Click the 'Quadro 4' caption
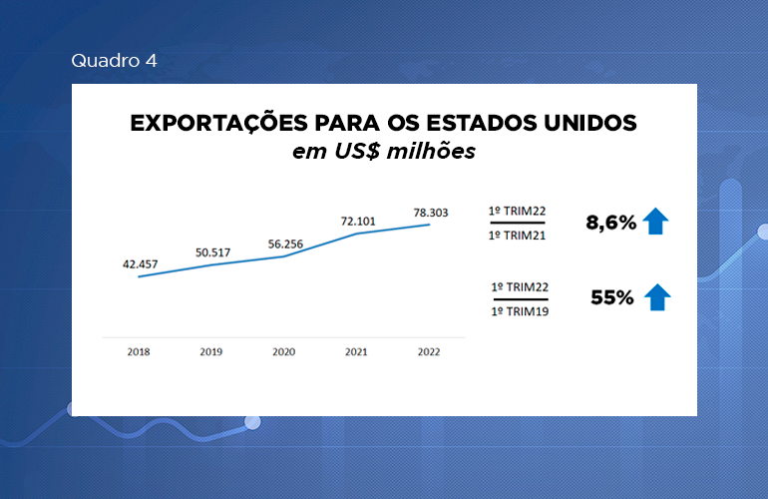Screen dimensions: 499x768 tap(114, 61)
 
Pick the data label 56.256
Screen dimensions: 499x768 tap(283, 243)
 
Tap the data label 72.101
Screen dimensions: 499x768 tap(357, 219)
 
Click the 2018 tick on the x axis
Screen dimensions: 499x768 tap(139, 352)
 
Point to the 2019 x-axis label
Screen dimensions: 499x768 tap(210, 352)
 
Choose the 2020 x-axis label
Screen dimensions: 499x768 tap(283, 352)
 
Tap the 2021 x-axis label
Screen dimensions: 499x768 tap(357, 352)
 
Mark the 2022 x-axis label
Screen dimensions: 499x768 tap(430, 352)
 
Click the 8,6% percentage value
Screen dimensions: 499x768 tap(610, 223)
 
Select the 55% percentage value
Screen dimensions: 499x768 tap(612, 297)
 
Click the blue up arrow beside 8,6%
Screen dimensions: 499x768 tap(655, 221)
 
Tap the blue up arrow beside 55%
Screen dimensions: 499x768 tap(657, 296)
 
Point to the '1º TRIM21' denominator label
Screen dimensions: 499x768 tap(517, 236)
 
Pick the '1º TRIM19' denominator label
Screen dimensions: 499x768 tap(521, 311)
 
